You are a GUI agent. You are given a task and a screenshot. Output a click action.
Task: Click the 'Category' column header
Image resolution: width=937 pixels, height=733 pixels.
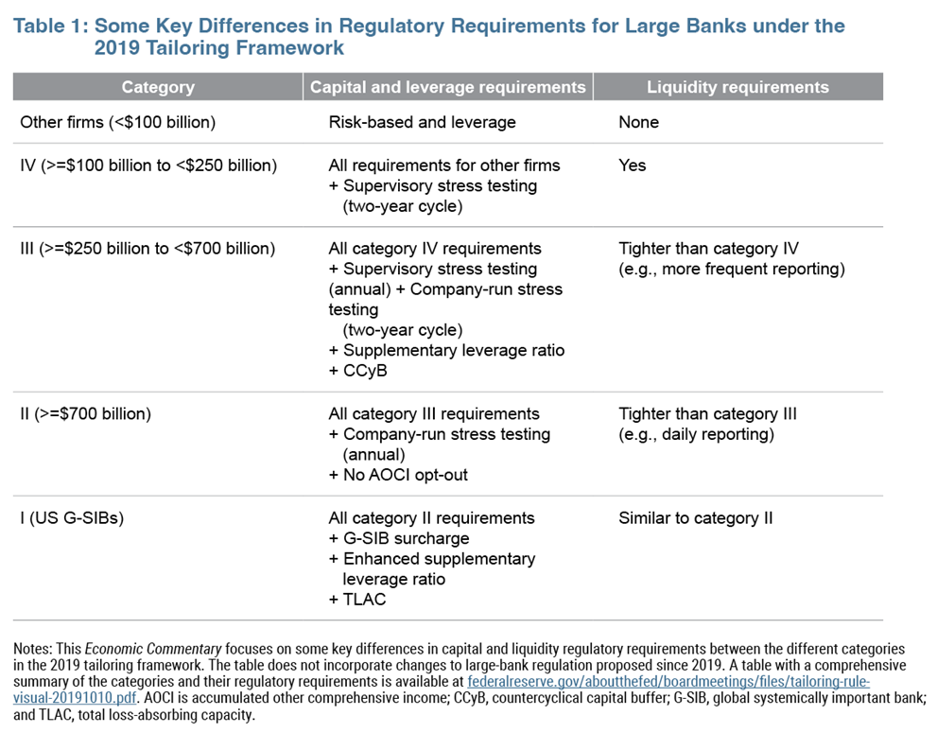click(x=158, y=87)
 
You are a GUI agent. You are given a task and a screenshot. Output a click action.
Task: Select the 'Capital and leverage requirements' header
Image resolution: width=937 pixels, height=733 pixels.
click(x=448, y=87)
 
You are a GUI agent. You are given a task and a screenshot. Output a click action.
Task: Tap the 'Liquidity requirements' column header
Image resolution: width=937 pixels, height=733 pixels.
click(x=737, y=87)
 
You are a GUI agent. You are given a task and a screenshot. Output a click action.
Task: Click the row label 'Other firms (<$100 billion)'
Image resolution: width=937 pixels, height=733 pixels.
click(x=118, y=122)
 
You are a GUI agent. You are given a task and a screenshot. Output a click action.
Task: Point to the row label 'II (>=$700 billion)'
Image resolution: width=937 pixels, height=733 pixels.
click(x=86, y=413)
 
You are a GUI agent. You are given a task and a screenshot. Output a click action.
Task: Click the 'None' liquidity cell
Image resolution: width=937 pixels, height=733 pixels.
click(x=638, y=122)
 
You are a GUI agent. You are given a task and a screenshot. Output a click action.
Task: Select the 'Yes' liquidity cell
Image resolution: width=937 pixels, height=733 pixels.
click(x=633, y=165)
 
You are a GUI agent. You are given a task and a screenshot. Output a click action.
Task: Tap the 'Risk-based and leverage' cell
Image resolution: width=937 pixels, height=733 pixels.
click(x=422, y=122)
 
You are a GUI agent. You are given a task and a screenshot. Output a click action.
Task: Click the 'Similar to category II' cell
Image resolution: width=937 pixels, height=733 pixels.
click(x=696, y=518)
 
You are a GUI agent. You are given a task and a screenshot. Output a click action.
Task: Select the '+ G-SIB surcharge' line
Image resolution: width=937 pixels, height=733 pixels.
click(x=399, y=539)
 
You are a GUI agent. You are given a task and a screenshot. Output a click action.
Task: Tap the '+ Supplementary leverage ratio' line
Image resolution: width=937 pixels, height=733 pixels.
click(x=446, y=351)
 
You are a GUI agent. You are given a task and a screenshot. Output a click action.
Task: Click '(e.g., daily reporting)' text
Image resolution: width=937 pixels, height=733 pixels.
click(x=696, y=434)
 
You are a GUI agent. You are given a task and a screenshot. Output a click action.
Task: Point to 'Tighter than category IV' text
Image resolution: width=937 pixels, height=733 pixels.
click(x=708, y=249)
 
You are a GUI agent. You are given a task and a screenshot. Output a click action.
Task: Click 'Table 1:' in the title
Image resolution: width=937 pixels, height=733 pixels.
click(x=50, y=26)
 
